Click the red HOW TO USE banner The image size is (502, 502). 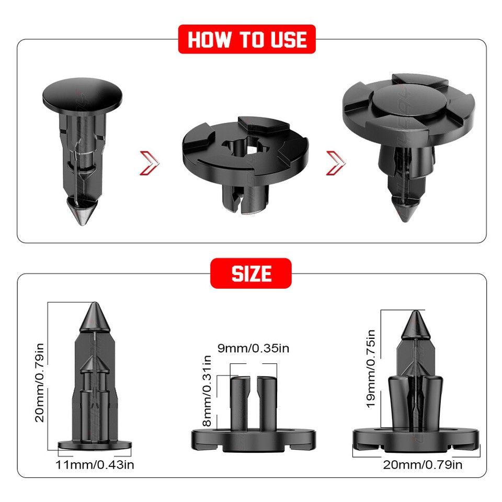[247, 39]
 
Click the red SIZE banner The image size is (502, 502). [251, 273]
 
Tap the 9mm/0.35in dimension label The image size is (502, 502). [253, 348]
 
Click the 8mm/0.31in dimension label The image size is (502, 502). [207, 391]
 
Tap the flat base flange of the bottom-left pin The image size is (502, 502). [94, 445]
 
